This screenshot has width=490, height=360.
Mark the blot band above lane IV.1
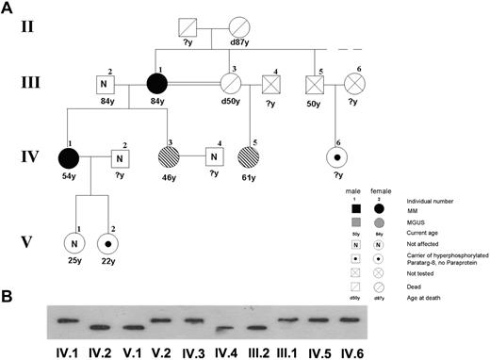pos(65,320)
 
